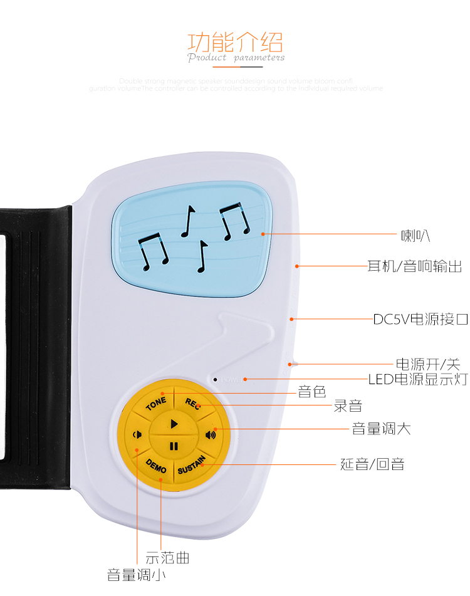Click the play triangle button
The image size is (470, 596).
tap(174, 424)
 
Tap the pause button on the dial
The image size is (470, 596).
tap(174, 446)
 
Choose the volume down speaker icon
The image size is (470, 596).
tap(137, 434)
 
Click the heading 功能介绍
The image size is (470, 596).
tap(236, 43)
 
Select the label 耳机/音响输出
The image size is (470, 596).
tap(414, 266)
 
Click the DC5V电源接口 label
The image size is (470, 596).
tap(420, 319)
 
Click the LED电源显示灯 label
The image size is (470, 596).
tap(417, 379)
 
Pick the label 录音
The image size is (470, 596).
tap(348, 406)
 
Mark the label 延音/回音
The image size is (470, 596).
tap(372, 464)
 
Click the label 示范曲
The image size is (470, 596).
tap(167, 557)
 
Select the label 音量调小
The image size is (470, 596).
tap(137, 574)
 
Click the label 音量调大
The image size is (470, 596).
tap(382, 429)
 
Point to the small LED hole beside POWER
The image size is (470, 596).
tap(215, 379)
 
